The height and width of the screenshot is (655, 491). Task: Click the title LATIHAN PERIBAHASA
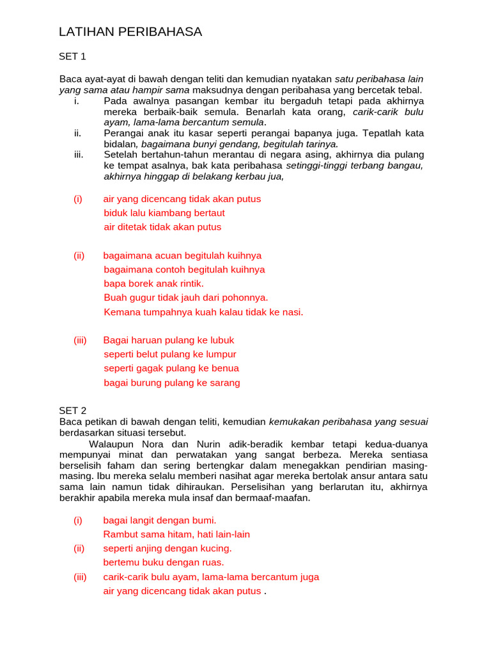coord(130,32)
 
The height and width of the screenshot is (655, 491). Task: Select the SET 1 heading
coord(72,56)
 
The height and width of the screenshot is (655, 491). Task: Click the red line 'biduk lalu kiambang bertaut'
coord(164,213)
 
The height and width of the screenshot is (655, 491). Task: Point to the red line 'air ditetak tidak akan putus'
coord(162,227)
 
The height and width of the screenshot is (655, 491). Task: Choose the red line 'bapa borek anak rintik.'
coord(154,283)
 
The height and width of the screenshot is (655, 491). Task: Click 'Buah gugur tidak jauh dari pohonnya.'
coord(186,297)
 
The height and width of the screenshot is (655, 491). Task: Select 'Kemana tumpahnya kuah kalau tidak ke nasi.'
coord(203,312)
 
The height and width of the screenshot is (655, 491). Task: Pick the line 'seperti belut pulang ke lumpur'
coord(170,354)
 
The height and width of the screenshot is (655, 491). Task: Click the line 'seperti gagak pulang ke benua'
coord(171,368)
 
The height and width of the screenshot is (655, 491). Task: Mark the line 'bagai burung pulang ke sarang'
coord(172,383)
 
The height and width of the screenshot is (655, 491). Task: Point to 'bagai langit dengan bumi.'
coord(155,521)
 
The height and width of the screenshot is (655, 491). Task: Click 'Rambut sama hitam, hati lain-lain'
coord(176,534)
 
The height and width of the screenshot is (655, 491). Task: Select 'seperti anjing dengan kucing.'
coord(168,548)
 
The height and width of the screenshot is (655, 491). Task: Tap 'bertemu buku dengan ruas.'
coord(164,562)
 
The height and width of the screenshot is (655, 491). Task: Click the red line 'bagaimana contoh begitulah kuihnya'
coord(184,269)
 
